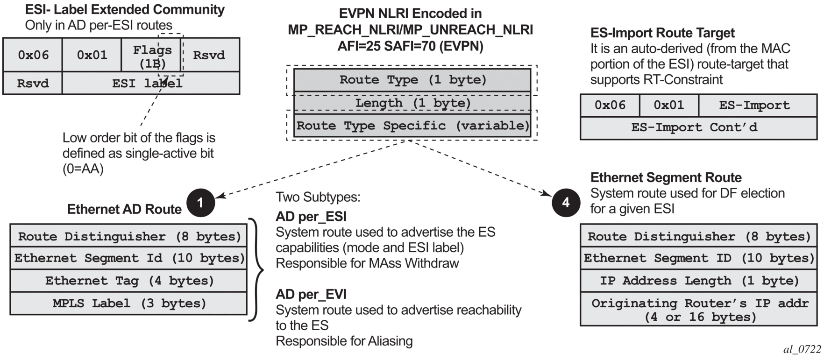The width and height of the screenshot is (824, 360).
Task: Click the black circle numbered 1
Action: (200, 203)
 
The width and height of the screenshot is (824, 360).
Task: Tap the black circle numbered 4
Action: (566, 203)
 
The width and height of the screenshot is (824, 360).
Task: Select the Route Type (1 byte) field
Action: (412, 80)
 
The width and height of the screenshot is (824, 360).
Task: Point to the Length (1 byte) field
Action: (412, 103)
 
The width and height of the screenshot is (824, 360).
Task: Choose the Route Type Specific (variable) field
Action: (412, 126)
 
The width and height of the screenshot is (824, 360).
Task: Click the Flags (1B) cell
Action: (151, 55)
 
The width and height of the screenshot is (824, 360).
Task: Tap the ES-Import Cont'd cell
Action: (698, 127)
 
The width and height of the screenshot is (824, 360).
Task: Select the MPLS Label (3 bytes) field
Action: (128, 304)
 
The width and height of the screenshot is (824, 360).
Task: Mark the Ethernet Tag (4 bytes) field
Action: (128, 281)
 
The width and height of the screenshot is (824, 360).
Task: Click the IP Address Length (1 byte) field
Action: (699, 281)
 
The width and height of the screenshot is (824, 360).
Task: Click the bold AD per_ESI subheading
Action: (311, 217)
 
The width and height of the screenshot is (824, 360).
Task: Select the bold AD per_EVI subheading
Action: (311, 294)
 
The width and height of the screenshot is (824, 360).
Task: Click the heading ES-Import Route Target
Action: (662, 33)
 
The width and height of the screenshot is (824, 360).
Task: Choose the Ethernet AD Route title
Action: (124, 209)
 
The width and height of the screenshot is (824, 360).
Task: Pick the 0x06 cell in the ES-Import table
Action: (610, 105)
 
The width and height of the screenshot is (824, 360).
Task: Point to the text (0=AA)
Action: (83, 169)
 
